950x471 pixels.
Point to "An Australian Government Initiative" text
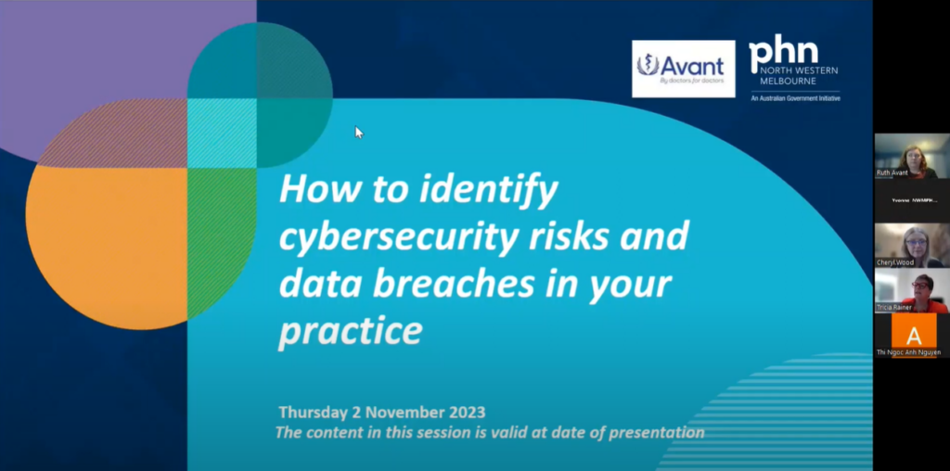(795, 97)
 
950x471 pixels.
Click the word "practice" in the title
(350, 329)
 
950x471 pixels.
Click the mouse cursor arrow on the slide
(358, 132)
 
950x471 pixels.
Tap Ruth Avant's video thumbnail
(912, 156)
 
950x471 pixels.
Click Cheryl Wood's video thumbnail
(912, 245)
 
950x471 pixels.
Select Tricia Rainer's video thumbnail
(912, 289)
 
